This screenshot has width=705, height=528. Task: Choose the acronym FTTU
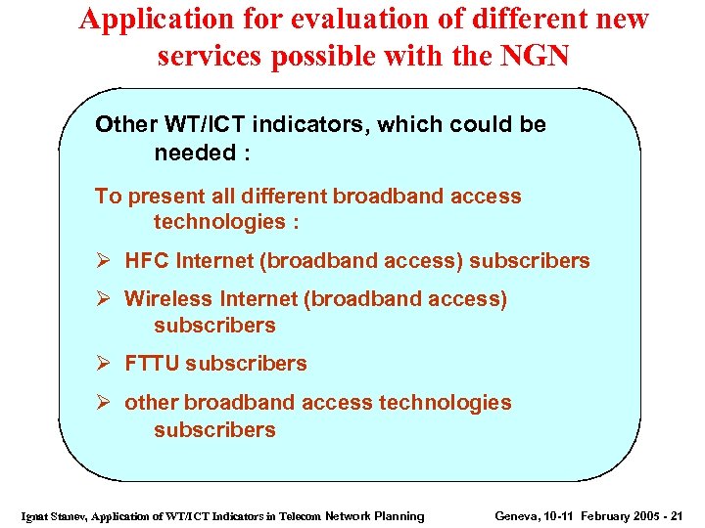[x=152, y=364]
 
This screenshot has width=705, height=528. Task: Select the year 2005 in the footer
[x=645, y=516]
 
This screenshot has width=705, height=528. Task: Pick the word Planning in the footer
[x=401, y=516]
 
